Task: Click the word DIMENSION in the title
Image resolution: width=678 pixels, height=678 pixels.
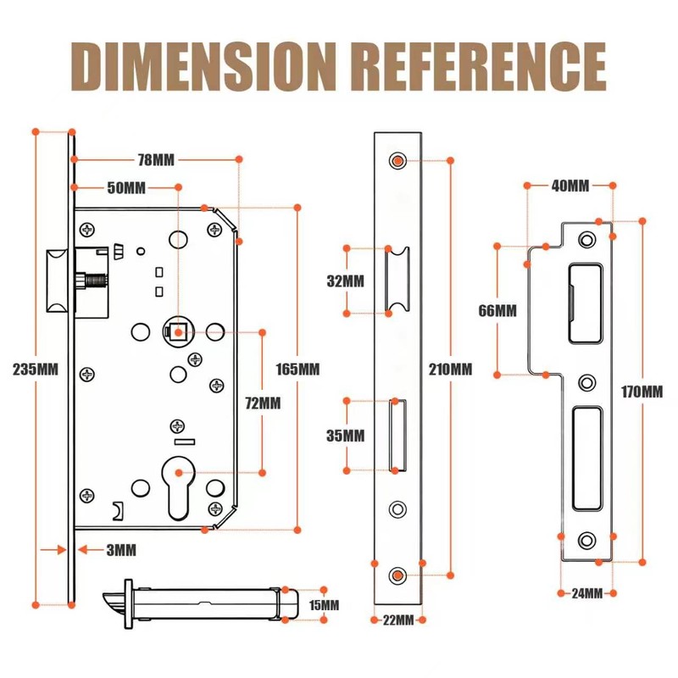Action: click(x=203, y=66)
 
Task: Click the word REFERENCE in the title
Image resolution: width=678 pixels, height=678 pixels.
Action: click(x=478, y=66)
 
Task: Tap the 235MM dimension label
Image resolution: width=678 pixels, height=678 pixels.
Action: click(x=36, y=370)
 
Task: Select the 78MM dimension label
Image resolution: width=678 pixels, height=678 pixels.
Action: click(x=156, y=160)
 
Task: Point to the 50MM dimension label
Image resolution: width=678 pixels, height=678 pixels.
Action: click(x=126, y=187)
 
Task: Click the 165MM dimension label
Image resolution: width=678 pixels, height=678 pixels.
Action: click(x=297, y=370)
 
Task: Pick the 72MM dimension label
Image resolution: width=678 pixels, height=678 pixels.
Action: click(x=263, y=403)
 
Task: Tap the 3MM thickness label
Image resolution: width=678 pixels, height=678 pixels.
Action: click(x=121, y=550)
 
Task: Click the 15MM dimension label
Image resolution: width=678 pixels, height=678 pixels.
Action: click(x=324, y=605)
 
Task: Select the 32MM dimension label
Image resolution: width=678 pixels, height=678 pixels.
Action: click(x=346, y=281)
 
